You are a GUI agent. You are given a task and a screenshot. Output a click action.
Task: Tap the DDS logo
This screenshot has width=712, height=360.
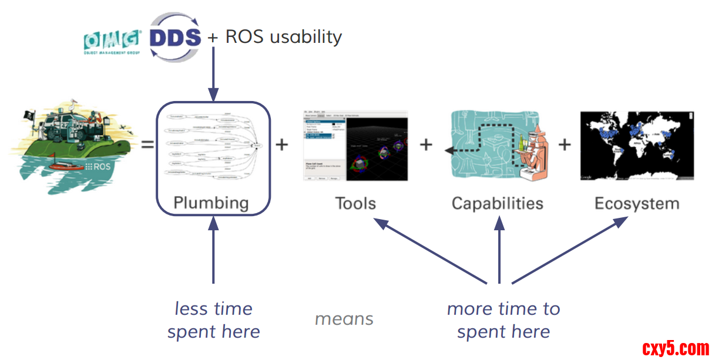point(175,37)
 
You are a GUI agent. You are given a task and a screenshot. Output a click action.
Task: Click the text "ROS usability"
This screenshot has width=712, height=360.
point(284,37)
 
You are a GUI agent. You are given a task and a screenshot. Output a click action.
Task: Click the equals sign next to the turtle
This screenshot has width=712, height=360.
point(147,144)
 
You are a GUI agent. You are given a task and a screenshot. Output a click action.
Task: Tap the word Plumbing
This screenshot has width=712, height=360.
point(211,203)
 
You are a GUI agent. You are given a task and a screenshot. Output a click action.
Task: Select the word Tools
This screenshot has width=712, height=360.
point(355,204)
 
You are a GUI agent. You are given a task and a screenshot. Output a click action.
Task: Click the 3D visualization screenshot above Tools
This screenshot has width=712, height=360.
point(355,145)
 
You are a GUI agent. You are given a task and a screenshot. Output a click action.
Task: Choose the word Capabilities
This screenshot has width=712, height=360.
point(498,204)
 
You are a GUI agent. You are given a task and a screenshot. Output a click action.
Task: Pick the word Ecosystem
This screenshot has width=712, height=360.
point(637,204)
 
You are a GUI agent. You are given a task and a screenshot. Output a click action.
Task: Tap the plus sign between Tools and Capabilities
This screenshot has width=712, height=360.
point(426,144)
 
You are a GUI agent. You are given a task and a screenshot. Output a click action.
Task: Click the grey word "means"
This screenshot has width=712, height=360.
point(344,319)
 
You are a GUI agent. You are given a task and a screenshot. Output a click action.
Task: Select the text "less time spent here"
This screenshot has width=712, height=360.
point(214,320)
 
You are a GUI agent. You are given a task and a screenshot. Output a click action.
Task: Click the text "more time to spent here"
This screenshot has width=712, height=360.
point(503,320)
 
